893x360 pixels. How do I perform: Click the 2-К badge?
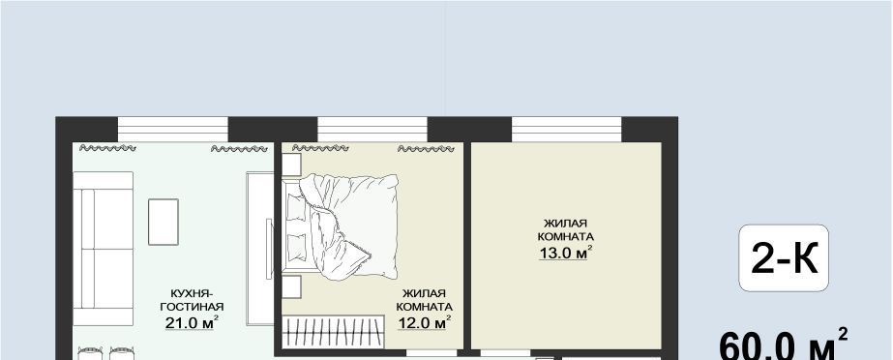coord(784,258)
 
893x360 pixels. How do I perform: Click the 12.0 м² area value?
coord(424,322)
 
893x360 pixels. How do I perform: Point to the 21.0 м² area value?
coord(192,322)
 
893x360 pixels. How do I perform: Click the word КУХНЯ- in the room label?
coord(192,294)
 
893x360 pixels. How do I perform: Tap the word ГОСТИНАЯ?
coord(192,307)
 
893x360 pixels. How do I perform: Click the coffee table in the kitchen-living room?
coord(164,223)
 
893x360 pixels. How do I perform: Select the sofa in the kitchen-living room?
coord(104,249)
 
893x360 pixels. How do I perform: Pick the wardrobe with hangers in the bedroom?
coord(333,332)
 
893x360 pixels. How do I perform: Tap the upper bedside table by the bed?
coord(291,165)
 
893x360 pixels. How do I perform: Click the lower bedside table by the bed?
coord(291,286)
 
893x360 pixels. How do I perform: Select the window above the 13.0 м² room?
coord(567,130)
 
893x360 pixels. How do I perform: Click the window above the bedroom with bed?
coord(372,130)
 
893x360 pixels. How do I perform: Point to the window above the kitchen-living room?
coord(173,130)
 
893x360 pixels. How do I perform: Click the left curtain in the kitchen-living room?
coord(107,148)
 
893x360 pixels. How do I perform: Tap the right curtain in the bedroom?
coord(426,149)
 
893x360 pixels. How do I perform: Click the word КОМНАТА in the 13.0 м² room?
coord(566,236)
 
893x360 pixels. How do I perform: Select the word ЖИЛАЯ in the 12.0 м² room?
coord(424,293)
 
